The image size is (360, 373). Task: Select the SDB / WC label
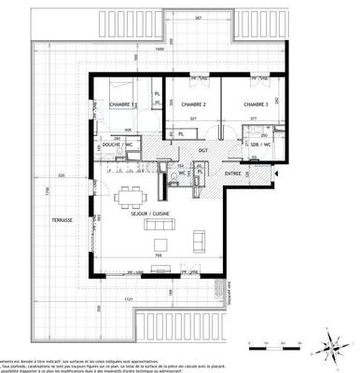coord(259,147)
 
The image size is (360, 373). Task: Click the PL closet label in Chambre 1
coord(158,94)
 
